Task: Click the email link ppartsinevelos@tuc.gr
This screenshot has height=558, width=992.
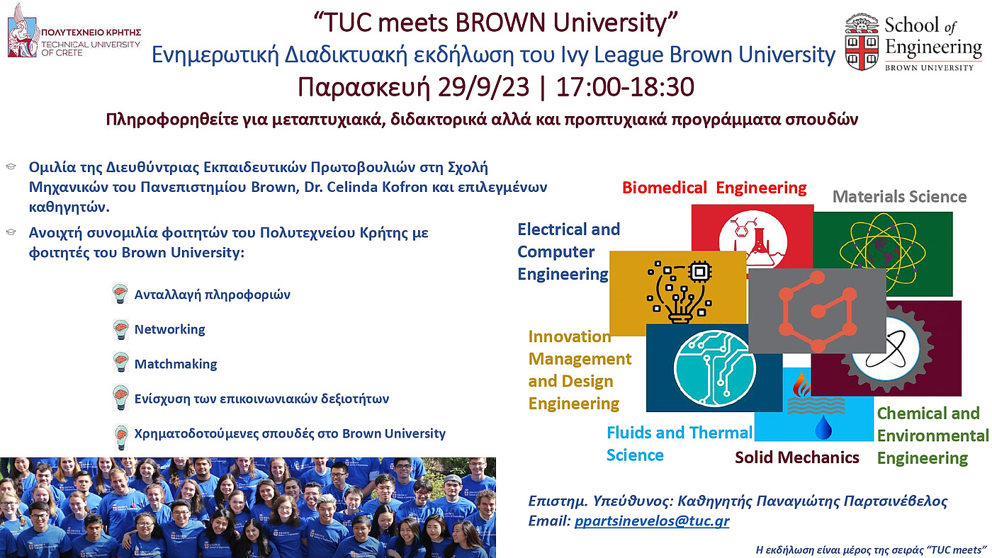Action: [x=652, y=521]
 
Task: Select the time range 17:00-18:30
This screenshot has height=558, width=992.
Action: [x=625, y=86]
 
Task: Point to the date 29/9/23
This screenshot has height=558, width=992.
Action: [x=483, y=86]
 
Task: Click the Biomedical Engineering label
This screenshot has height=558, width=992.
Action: [x=714, y=188]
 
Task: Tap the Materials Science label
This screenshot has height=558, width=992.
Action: [x=899, y=196]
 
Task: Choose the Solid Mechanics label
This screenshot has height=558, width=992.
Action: [x=796, y=457]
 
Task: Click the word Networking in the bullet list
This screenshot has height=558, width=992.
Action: [x=169, y=329]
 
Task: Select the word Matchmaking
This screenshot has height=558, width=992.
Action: [x=176, y=364]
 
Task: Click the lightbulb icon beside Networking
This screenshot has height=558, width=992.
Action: [x=120, y=330]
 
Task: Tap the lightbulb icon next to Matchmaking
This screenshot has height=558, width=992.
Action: [x=120, y=363]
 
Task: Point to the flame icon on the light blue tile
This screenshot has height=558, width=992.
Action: [x=801, y=384]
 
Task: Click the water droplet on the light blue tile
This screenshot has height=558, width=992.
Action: [x=823, y=426]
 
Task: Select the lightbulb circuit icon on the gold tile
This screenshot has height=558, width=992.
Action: [x=679, y=292]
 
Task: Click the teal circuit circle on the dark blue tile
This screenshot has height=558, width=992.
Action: [x=714, y=368]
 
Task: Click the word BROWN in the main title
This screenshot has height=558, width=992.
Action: [x=501, y=22]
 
